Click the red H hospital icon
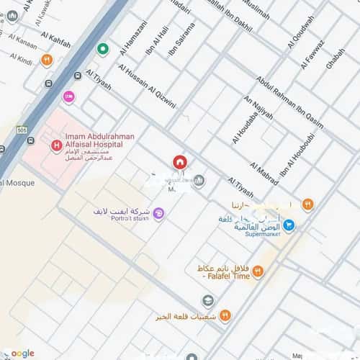coord(55,145)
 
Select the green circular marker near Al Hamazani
coord(103,50)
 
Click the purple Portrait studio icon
coord(158,212)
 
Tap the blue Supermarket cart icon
coord(289,225)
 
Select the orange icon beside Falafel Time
coord(258,271)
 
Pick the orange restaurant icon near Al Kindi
coord(47,60)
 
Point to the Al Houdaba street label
coord(241,120)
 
